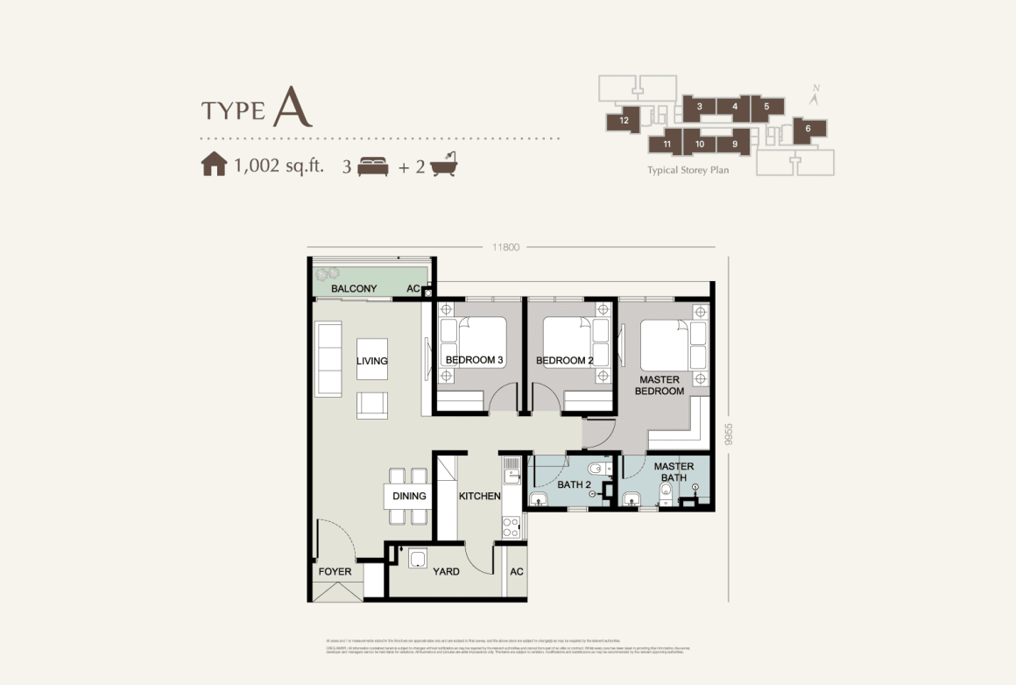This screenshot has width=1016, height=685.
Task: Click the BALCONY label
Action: click(354, 288)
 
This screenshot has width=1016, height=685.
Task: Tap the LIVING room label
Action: click(371, 361)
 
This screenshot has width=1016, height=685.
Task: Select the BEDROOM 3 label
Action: click(474, 360)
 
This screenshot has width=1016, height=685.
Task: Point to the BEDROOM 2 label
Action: click(565, 360)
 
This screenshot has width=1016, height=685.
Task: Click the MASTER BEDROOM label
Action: click(660, 385)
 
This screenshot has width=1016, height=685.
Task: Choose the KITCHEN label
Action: click(479, 496)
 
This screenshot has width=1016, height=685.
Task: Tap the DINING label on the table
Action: click(409, 496)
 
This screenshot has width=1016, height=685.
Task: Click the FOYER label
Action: click(335, 572)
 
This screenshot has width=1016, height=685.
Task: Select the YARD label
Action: click(446, 572)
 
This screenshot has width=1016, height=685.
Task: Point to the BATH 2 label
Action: click(575, 484)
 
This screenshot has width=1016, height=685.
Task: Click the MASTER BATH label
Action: click(674, 472)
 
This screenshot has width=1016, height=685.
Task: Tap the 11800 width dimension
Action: click(505, 247)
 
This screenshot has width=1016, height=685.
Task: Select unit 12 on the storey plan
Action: click(624, 121)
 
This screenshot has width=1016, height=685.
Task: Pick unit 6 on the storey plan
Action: click(808, 129)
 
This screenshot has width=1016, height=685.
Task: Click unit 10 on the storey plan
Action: click(700, 144)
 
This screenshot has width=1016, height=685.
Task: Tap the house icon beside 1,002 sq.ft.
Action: click(214, 165)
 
